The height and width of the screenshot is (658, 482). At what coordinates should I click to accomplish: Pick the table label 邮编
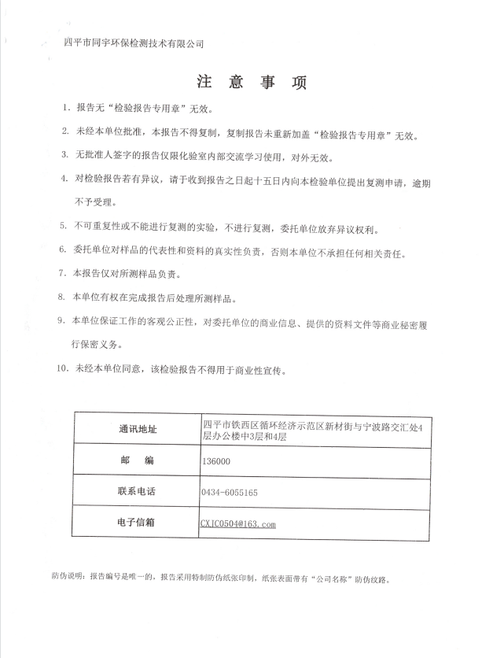(x=137, y=460)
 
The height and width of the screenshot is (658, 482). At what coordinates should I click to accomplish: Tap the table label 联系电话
(x=137, y=491)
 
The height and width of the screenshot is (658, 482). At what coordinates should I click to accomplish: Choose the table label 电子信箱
(x=137, y=522)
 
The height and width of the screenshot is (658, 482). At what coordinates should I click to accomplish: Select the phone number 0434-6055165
(x=230, y=492)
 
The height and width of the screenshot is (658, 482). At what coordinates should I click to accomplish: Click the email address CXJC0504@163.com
(x=238, y=523)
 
